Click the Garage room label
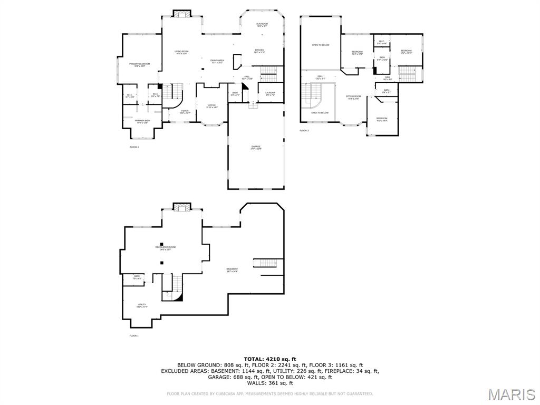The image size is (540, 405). [x=256, y=148]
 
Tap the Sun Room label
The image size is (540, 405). [x=262, y=25]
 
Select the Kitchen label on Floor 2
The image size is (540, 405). [x=259, y=51]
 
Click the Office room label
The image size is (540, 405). [x=212, y=106]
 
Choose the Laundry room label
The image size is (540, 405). [x=270, y=94]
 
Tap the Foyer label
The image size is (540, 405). [x=185, y=112]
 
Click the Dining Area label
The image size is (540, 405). [x=217, y=62]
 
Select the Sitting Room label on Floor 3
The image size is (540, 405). [x=353, y=98]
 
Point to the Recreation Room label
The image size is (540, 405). [x=165, y=248]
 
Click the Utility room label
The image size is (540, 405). [x=142, y=305]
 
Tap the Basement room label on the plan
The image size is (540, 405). [x=232, y=270]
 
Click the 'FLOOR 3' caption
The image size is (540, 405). [x=304, y=130]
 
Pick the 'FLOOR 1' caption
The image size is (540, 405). [x=134, y=335]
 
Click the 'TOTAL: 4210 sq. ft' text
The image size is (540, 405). [x=269, y=359]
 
